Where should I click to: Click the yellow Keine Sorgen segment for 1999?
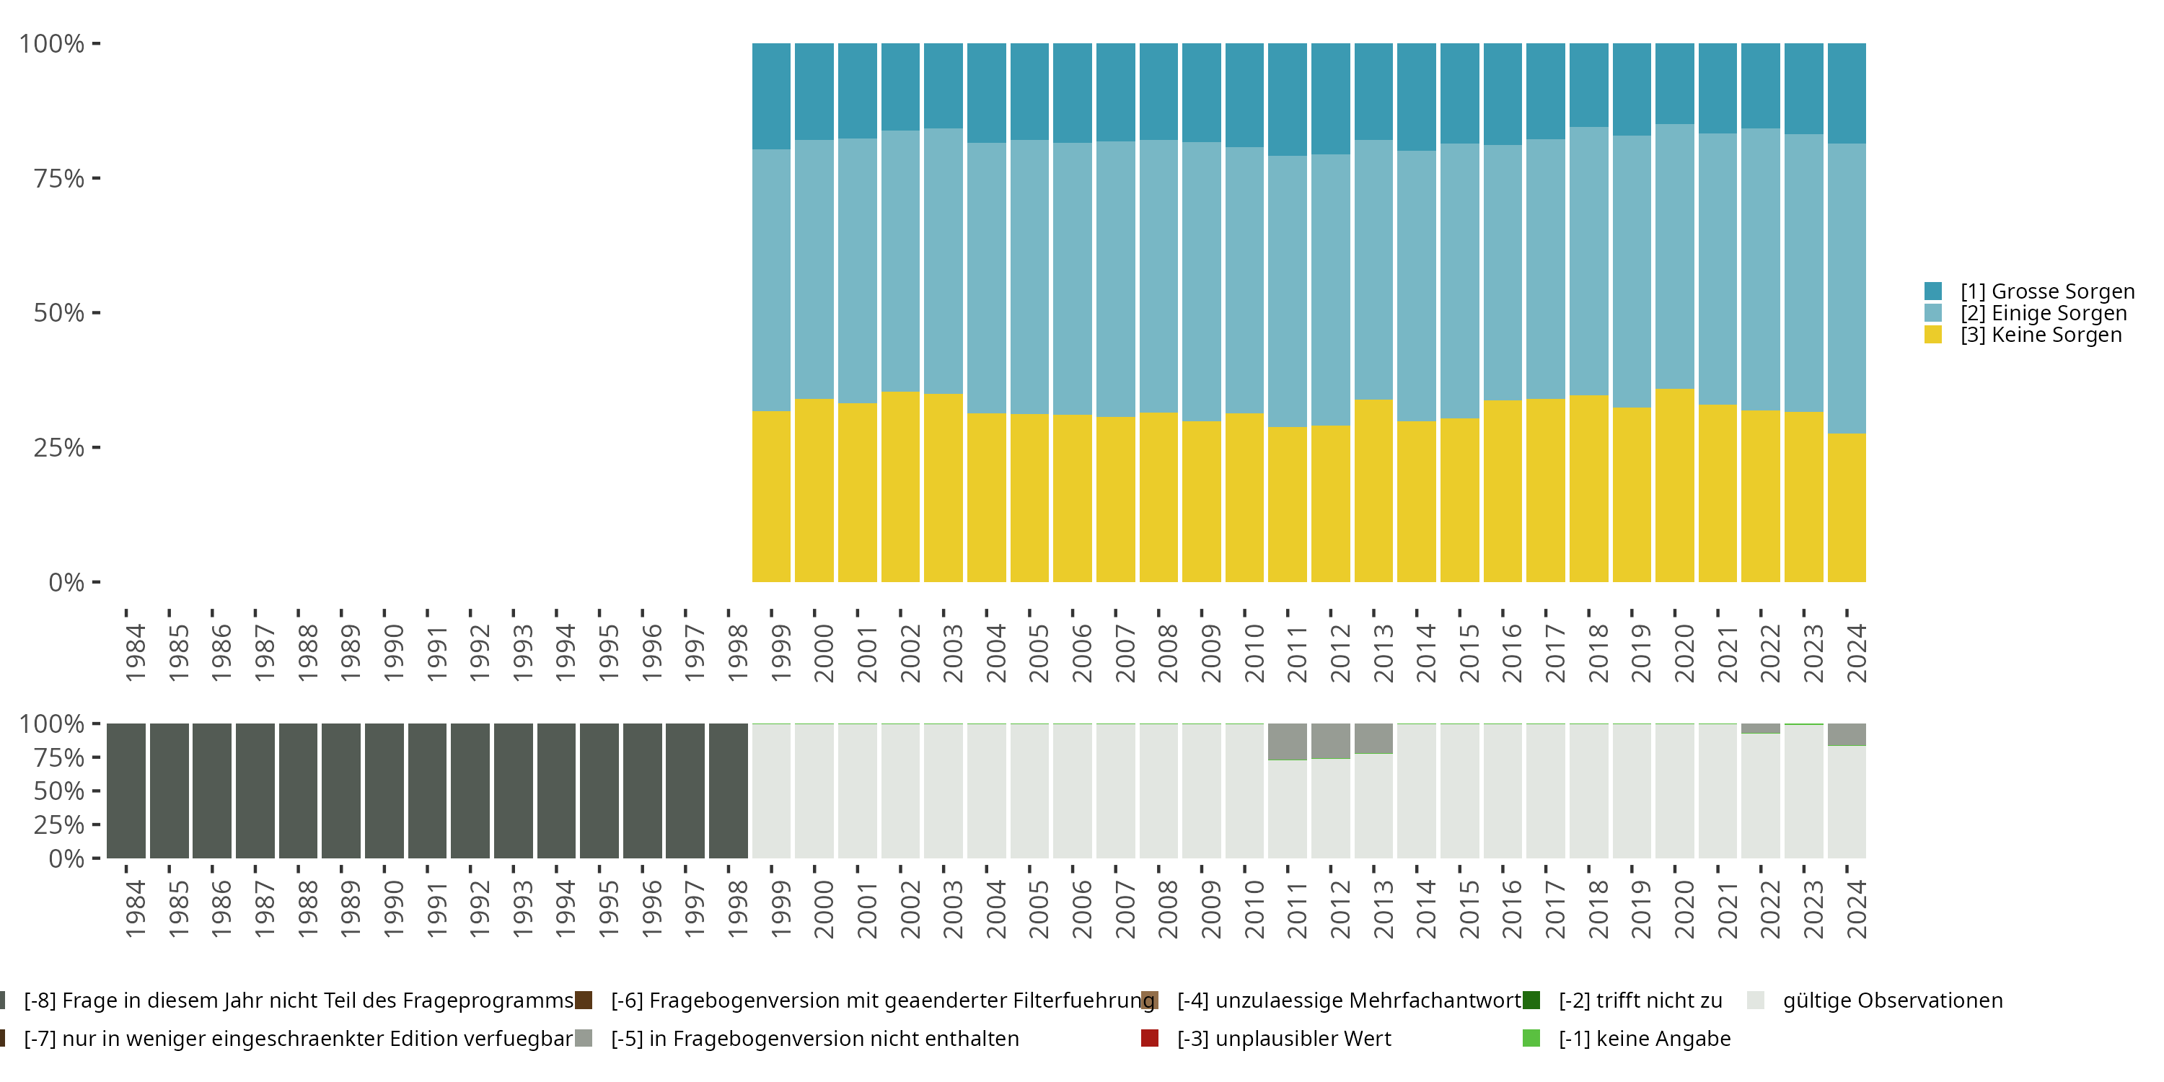click(770, 496)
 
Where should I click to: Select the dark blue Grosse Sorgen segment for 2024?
click(1846, 92)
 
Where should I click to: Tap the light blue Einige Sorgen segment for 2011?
click(1287, 291)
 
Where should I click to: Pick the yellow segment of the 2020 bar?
click(1674, 485)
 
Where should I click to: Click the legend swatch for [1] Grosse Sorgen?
click(1933, 291)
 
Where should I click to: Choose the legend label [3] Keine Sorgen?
click(2041, 335)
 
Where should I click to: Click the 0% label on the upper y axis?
click(66, 582)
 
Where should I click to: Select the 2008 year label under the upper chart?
click(1168, 653)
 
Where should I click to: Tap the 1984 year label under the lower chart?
click(136, 909)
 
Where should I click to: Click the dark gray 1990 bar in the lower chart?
click(384, 791)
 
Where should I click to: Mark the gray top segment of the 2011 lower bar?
click(1287, 741)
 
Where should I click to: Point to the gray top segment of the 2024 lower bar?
click(1846, 734)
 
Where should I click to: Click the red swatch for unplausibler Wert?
click(1149, 1038)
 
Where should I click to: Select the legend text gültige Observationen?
click(1892, 1000)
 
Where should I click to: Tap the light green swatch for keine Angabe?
click(1531, 1038)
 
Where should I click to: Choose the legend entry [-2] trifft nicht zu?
click(1640, 1000)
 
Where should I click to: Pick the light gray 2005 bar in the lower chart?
click(1029, 791)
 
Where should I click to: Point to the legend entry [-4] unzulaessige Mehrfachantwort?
click(1348, 1000)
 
